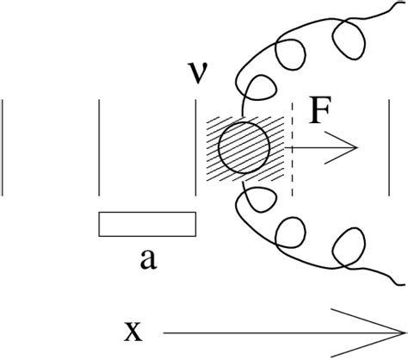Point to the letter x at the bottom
tap(133, 331)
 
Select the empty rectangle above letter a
tap(147, 223)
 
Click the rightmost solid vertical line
tap(392, 146)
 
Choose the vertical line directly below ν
tap(197, 146)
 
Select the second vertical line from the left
tap(101, 146)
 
